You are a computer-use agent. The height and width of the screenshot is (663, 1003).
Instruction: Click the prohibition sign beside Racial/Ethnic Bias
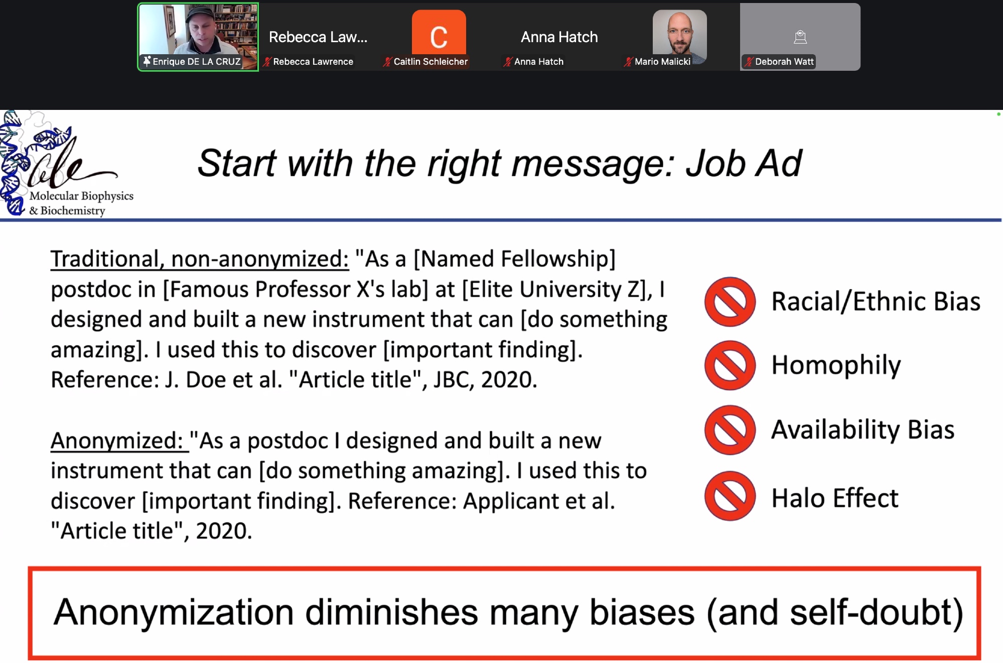(x=730, y=302)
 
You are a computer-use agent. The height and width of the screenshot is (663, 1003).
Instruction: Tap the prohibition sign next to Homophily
(x=730, y=365)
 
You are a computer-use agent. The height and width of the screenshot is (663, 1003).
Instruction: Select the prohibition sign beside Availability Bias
(x=730, y=430)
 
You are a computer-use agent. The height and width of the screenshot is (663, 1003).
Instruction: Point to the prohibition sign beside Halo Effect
(x=730, y=496)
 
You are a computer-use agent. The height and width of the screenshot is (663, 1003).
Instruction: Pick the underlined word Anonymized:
(x=119, y=441)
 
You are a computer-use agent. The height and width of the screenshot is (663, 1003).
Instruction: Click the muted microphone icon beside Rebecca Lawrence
(x=267, y=62)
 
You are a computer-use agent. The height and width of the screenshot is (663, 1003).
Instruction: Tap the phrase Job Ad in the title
(x=744, y=164)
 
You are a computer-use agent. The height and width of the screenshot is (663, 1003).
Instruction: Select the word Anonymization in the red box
(x=173, y=613)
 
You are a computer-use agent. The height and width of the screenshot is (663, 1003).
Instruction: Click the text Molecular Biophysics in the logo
(x=81, y=196)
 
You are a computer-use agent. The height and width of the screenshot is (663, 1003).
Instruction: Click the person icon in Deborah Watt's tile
(x=800, y=37)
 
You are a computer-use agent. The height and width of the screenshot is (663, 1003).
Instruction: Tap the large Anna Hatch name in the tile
(x=559, y=37)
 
